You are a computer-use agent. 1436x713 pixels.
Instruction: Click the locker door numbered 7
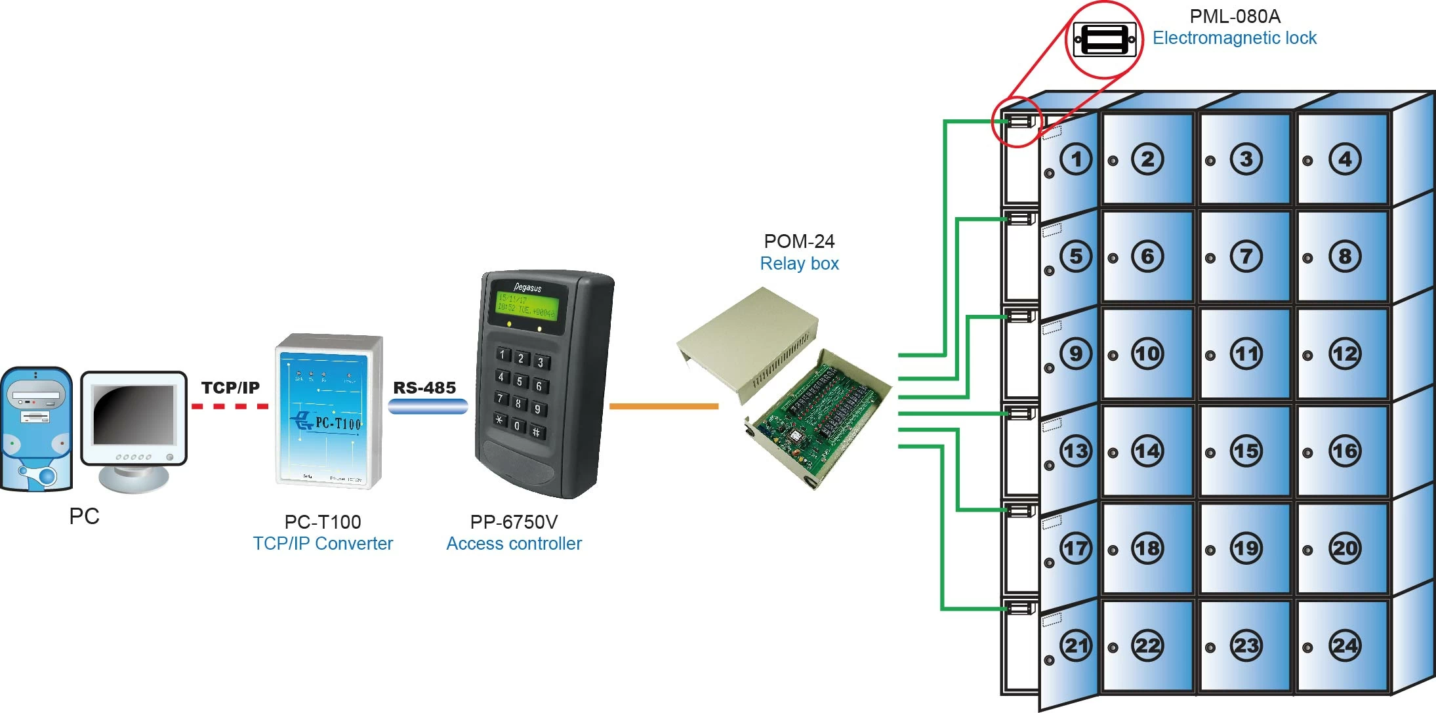[1244, 256]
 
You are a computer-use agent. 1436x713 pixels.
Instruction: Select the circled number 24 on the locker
[1345, 646]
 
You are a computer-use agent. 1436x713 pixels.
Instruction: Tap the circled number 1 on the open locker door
[1076, 159]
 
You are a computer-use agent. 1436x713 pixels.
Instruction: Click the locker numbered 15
[1244, 451]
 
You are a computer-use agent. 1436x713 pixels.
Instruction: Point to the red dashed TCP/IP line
[230, 407]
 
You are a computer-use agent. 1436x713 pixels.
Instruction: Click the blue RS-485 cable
[428, 407]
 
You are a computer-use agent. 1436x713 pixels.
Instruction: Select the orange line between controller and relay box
[663, 407]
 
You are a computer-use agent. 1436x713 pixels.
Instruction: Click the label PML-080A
[1235, 16]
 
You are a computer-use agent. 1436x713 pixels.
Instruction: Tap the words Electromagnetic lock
[1234, 38]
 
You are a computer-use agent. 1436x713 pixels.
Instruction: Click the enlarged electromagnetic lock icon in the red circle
[1105, 40]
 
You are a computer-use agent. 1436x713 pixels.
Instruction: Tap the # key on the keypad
[536, 432]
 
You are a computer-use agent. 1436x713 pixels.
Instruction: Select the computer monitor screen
[133, 415]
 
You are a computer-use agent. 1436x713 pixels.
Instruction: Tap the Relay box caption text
[799, 264]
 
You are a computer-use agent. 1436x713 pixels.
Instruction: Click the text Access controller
[514, 544]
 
